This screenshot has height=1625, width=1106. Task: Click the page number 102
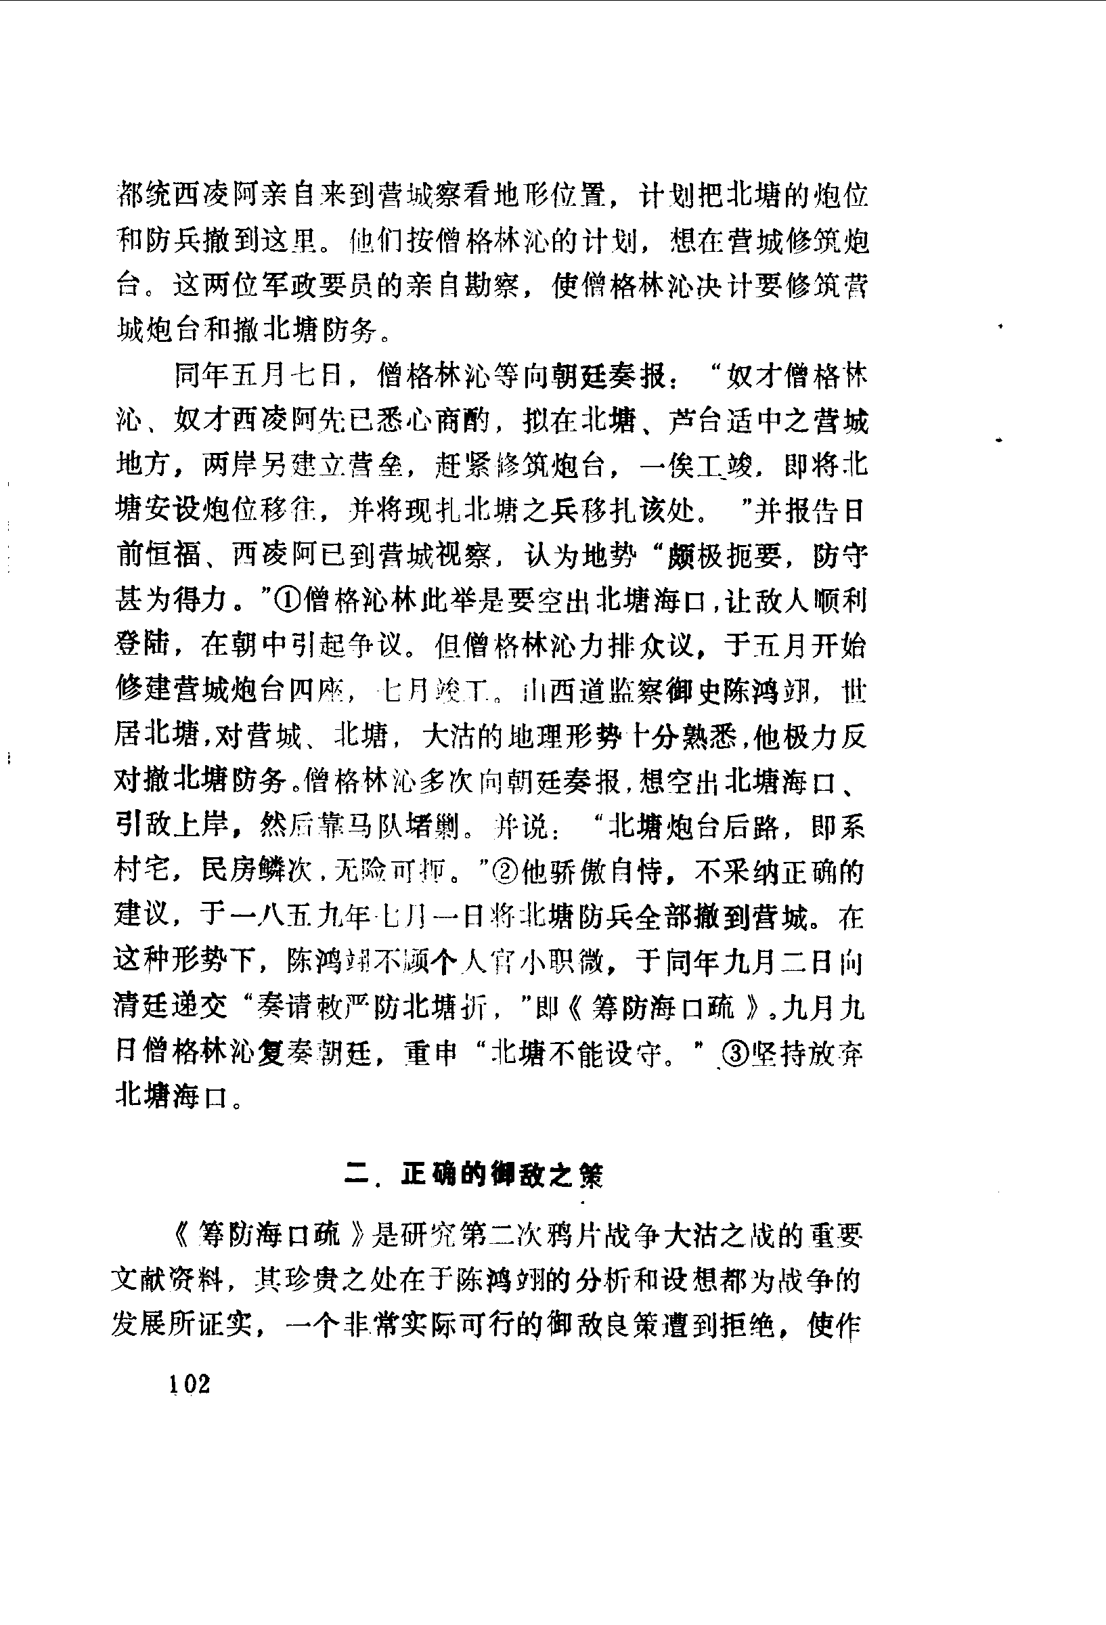click(189, 1383)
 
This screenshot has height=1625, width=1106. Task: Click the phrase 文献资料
click(168, 1281)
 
